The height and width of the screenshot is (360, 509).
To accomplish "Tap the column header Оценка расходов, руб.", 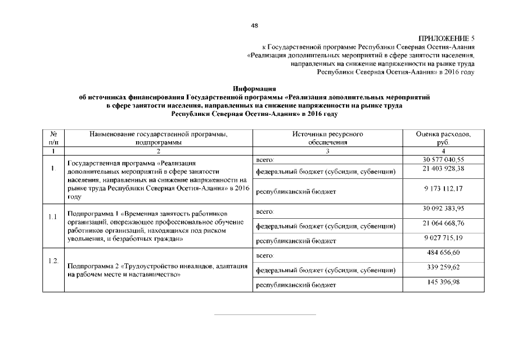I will (x=444, y=138).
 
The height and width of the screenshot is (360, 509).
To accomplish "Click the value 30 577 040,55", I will (x=444, y=160).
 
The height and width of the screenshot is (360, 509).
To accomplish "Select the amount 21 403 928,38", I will (x=444, y=169).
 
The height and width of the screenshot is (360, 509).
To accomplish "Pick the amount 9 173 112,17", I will (x=444, y=188).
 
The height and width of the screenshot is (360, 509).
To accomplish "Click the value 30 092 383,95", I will (x=444, y=209).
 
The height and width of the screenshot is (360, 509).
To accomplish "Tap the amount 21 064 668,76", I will (x=444, y=223).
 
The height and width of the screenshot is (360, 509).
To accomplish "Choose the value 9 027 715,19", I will (x=444, y=238).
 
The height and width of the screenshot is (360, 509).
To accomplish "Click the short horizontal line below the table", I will (x=264, y=314).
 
